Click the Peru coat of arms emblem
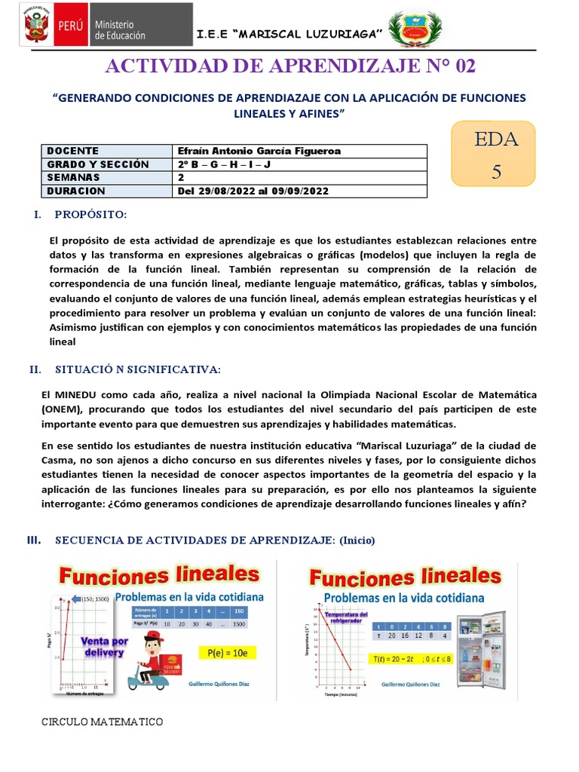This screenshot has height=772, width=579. (35, 27)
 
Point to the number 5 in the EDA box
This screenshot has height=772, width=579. (495, 170)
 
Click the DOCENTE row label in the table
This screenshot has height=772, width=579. (73, 151)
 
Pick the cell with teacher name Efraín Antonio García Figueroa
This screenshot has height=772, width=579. (259, 151)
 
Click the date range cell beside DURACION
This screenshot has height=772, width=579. (253, 191)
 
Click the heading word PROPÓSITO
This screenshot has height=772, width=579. (90, 216)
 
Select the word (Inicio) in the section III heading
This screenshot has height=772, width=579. (357, 541)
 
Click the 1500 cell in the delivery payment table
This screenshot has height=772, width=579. (240, 624)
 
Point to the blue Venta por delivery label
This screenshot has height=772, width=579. (101, 646)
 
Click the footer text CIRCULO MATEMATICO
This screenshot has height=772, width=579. (102, 722)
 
